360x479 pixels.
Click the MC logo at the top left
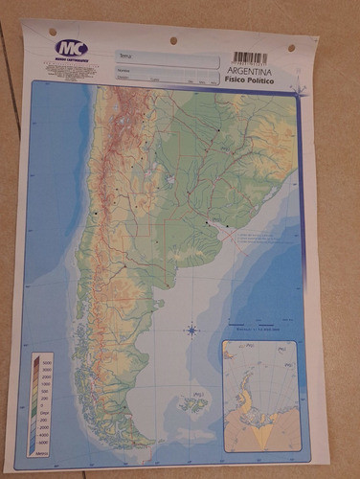click(x=69, y=48)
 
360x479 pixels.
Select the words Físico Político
click(x=251, y=82)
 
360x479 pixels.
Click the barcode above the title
click(x=250, y=57)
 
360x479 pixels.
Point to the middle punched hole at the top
click(x=172, y=41)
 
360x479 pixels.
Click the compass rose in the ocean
click(x=191, y=331)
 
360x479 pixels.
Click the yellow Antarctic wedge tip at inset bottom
click(x=260, y=444)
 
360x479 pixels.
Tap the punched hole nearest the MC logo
click(x=52, y=32)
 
